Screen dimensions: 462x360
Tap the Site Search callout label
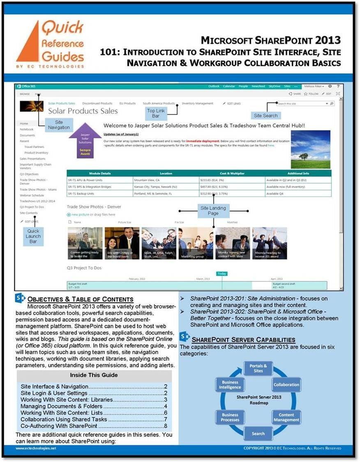tap(265, 116)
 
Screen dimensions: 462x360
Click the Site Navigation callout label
tap(59, 125)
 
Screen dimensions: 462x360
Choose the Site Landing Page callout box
tap(213, 211)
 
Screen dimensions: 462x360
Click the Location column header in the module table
tap(166, 173)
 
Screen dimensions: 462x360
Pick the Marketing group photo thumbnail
tap(195, 243)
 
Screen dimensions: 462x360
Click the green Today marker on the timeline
tap(222, 274)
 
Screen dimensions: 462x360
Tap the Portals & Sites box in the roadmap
tap(258, 368)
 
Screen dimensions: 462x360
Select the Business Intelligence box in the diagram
tap(230, 384)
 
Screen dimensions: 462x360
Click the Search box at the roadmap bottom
tap(258, 434)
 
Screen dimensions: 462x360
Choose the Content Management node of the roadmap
tap(286, 417)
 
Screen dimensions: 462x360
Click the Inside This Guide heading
tap(94, 375)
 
